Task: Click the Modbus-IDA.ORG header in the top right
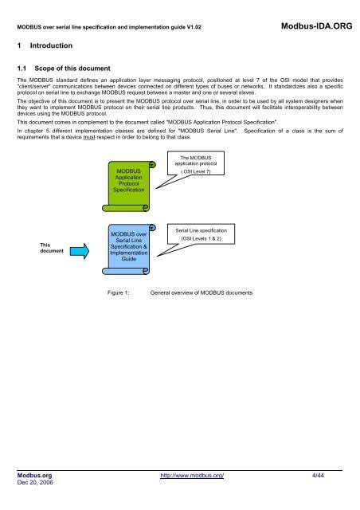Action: tap(315, 27)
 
